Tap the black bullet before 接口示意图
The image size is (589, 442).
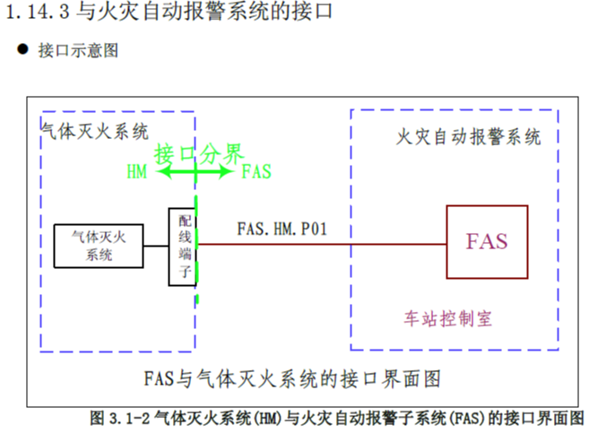pyautogui.click(x=22, y=48)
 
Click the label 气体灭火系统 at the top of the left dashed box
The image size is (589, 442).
pyautogui.click(x=96, y=132)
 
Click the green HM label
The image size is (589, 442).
pyautogui.click(x=136, y=172)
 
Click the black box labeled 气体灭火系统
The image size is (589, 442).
pyautogui.click(x=99, y=245)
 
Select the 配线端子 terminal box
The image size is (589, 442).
pyautogui.click(x=182, y=247)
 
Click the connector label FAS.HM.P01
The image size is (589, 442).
pyautogui.click(x=282, y=228)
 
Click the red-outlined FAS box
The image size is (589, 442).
pyautogui.click(x=487, y=242)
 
